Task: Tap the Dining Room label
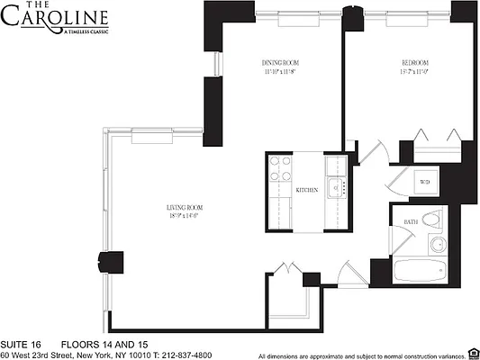pos(279,62)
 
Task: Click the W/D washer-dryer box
pos(425,183)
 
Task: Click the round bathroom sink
pos(439,244)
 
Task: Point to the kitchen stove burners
pos(277,168)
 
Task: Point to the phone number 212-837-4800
pos(198,355)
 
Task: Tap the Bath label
pos(410,221)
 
